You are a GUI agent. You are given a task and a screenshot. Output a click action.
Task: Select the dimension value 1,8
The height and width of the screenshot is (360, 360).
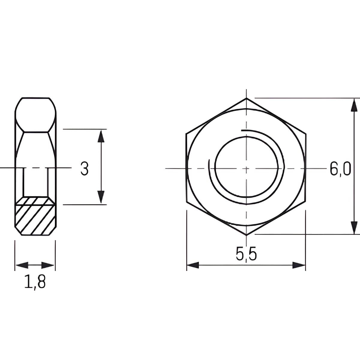click(35, 282)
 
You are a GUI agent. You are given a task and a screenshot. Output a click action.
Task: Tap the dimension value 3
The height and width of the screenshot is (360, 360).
click(85, 169)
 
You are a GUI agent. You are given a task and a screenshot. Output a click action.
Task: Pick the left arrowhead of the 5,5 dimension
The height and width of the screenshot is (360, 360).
click(193, 265)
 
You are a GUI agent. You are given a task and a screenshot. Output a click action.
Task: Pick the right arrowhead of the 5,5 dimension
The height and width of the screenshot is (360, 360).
click(299, 265)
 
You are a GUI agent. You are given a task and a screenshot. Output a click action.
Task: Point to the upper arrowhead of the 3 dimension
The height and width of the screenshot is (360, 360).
click(101, 136)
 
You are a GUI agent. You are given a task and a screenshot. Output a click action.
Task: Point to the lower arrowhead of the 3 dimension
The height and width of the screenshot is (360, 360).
click(101, 197)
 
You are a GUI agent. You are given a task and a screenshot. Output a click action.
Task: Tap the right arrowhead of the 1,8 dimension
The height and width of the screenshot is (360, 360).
click(48, 265)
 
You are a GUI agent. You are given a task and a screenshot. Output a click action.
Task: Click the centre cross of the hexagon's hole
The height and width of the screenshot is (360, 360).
click(246, 169)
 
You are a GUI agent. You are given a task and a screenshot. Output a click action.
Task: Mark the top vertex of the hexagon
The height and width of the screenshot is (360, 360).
click(246, 98)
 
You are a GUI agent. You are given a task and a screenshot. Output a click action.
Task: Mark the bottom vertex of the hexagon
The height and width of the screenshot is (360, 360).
click(246, 235)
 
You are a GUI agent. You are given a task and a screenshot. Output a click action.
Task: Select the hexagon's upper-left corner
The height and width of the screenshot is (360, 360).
click(186, 133)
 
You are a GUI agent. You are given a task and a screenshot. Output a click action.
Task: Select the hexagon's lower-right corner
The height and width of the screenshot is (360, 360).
click(305, 203)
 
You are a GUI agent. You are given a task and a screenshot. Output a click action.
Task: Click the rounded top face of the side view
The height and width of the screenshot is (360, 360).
click(35, 115)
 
